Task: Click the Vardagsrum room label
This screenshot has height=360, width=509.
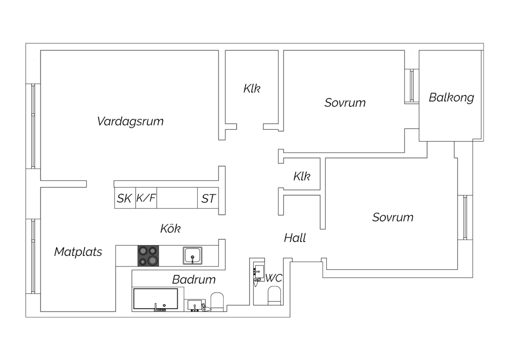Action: click(x=130, y=122)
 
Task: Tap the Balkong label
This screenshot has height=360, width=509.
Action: click(x=451, y=98)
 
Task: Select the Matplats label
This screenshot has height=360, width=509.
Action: click(x=78, y=252)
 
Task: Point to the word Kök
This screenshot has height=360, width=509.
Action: click(x=170, y=228)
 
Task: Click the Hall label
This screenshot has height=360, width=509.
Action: click(x=295, y=238)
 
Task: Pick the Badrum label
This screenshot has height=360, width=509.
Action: click(x=194, y=280)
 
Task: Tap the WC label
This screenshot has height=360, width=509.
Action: click(x=274, y=278)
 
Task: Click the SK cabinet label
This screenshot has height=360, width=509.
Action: click(x=124, y=198)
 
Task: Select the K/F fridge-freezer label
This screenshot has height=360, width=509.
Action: click(x=146, y=198)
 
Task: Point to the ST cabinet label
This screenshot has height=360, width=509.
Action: click(x=208, y=199)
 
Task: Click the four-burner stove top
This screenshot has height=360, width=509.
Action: click(x=148, y=256)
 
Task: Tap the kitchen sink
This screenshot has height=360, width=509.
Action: click(x=192, y=256)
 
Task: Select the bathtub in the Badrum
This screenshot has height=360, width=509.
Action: click(x=156, y=299)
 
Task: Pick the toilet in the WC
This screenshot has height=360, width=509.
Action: click(x=274, y=295)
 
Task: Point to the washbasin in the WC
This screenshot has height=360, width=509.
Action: click(x=259, y=273)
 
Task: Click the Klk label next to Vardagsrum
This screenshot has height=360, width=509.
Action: click(x=252, y=88)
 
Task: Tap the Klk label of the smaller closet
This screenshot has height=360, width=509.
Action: click(x=302, y=176)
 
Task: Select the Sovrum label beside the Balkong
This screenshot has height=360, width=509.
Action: click(x=345, y=103)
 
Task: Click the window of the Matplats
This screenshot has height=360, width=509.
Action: click(x=33, y=256)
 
